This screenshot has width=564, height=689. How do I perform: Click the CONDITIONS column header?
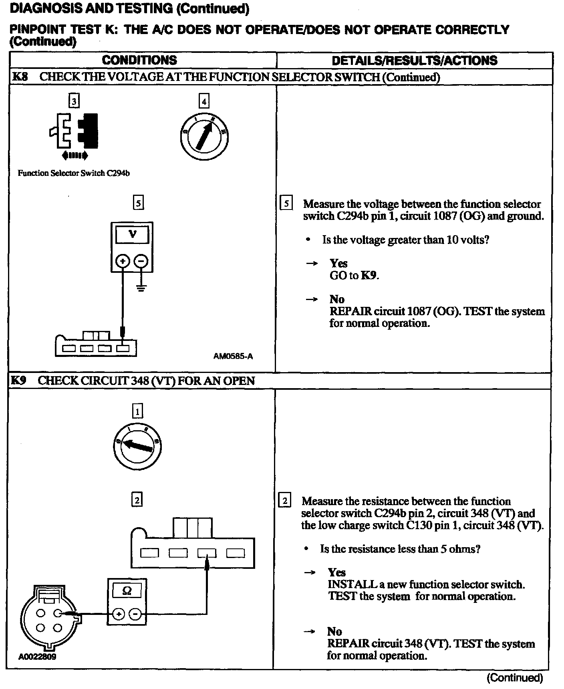[x=139, y=60]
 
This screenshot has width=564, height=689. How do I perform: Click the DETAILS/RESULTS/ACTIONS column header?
[x=414, y=61]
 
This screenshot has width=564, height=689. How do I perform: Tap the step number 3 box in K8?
[x=74, y=101]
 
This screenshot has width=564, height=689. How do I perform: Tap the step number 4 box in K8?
[x=204, y=101]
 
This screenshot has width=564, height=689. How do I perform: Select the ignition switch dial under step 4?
[x=204, y=137]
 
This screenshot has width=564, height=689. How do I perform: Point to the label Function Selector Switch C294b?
[x=74, y=173]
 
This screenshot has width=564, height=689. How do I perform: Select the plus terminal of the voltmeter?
[x=123, y=261]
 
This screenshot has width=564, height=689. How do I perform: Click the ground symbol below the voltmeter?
[x=141, y=287]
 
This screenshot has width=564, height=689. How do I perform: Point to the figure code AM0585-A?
[x=233, y=356]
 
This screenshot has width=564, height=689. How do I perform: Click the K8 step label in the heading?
[x=20, y=77]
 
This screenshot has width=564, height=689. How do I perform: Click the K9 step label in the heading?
[x=19, y=381]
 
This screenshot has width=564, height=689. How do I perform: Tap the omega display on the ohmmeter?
[x=127, y=591]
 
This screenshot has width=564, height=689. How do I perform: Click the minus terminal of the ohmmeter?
[x=136, y=614]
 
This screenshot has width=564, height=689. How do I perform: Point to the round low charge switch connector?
[x=48, y=617]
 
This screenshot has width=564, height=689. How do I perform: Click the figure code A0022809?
[x=37, y=657]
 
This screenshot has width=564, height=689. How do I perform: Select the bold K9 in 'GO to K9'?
[x=369, y=276]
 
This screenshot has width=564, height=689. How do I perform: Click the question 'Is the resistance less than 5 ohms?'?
[x=400, y=549]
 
